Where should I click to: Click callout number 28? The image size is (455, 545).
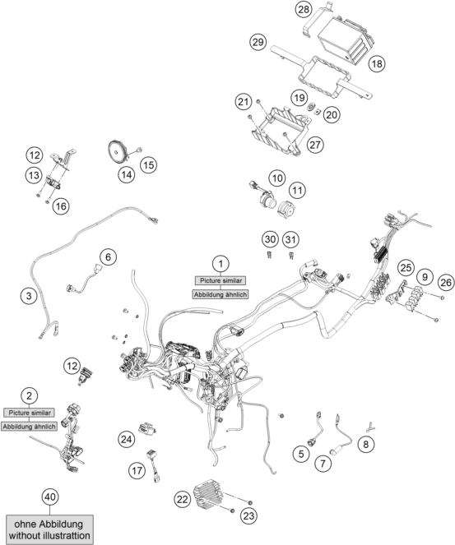pyautogui.click(x=304, y=10)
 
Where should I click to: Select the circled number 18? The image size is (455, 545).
pyautogui.click(x=378, y=63)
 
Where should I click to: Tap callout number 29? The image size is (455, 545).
pyautogui.click(x=258, y=41)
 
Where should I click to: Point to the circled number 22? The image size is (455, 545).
pyautogui.click(x=183, y=497)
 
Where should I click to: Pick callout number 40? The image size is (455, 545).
pyautogui.click(x=50, y=496)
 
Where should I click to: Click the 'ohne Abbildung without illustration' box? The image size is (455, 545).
pyautogui.click(x=50, y=529)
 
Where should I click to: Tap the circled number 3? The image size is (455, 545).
pyautogui.click(x=30, y=294)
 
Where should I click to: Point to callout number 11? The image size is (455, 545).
pyautogui.click(x=297, y=189)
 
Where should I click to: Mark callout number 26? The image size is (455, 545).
pyautogui.click(x=443, y=282)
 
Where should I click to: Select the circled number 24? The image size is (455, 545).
pyautogui.click(x=126, y=439)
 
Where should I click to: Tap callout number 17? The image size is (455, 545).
pyautogui.click(x=137, y=469)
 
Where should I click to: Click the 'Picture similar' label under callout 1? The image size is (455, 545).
pyautogui.click(x=219, y=279)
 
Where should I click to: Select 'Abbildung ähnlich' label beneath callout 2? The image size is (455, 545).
pyautogui.click(x=29, y=427)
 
